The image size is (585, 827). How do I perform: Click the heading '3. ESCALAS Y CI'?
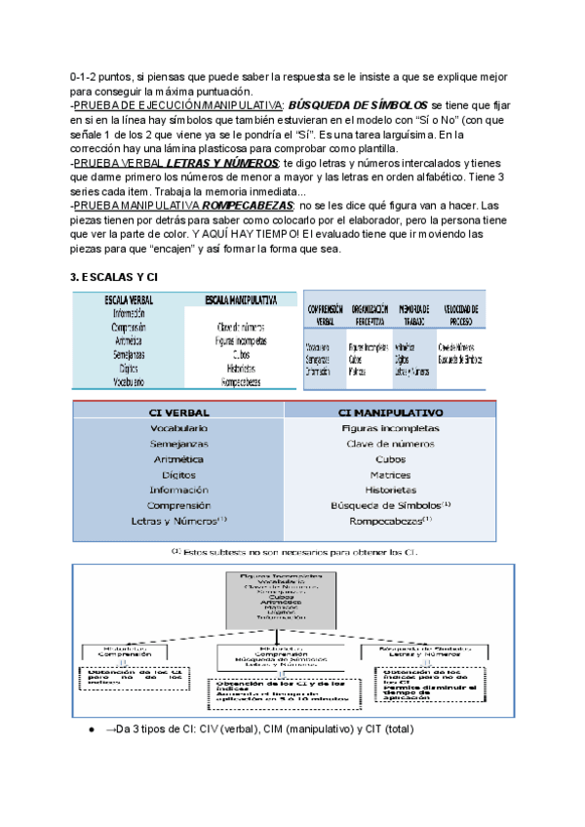pyautogui.click(x=113, y=278)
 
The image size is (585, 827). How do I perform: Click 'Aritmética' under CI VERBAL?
pyautogui.click(x=178, y=458)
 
